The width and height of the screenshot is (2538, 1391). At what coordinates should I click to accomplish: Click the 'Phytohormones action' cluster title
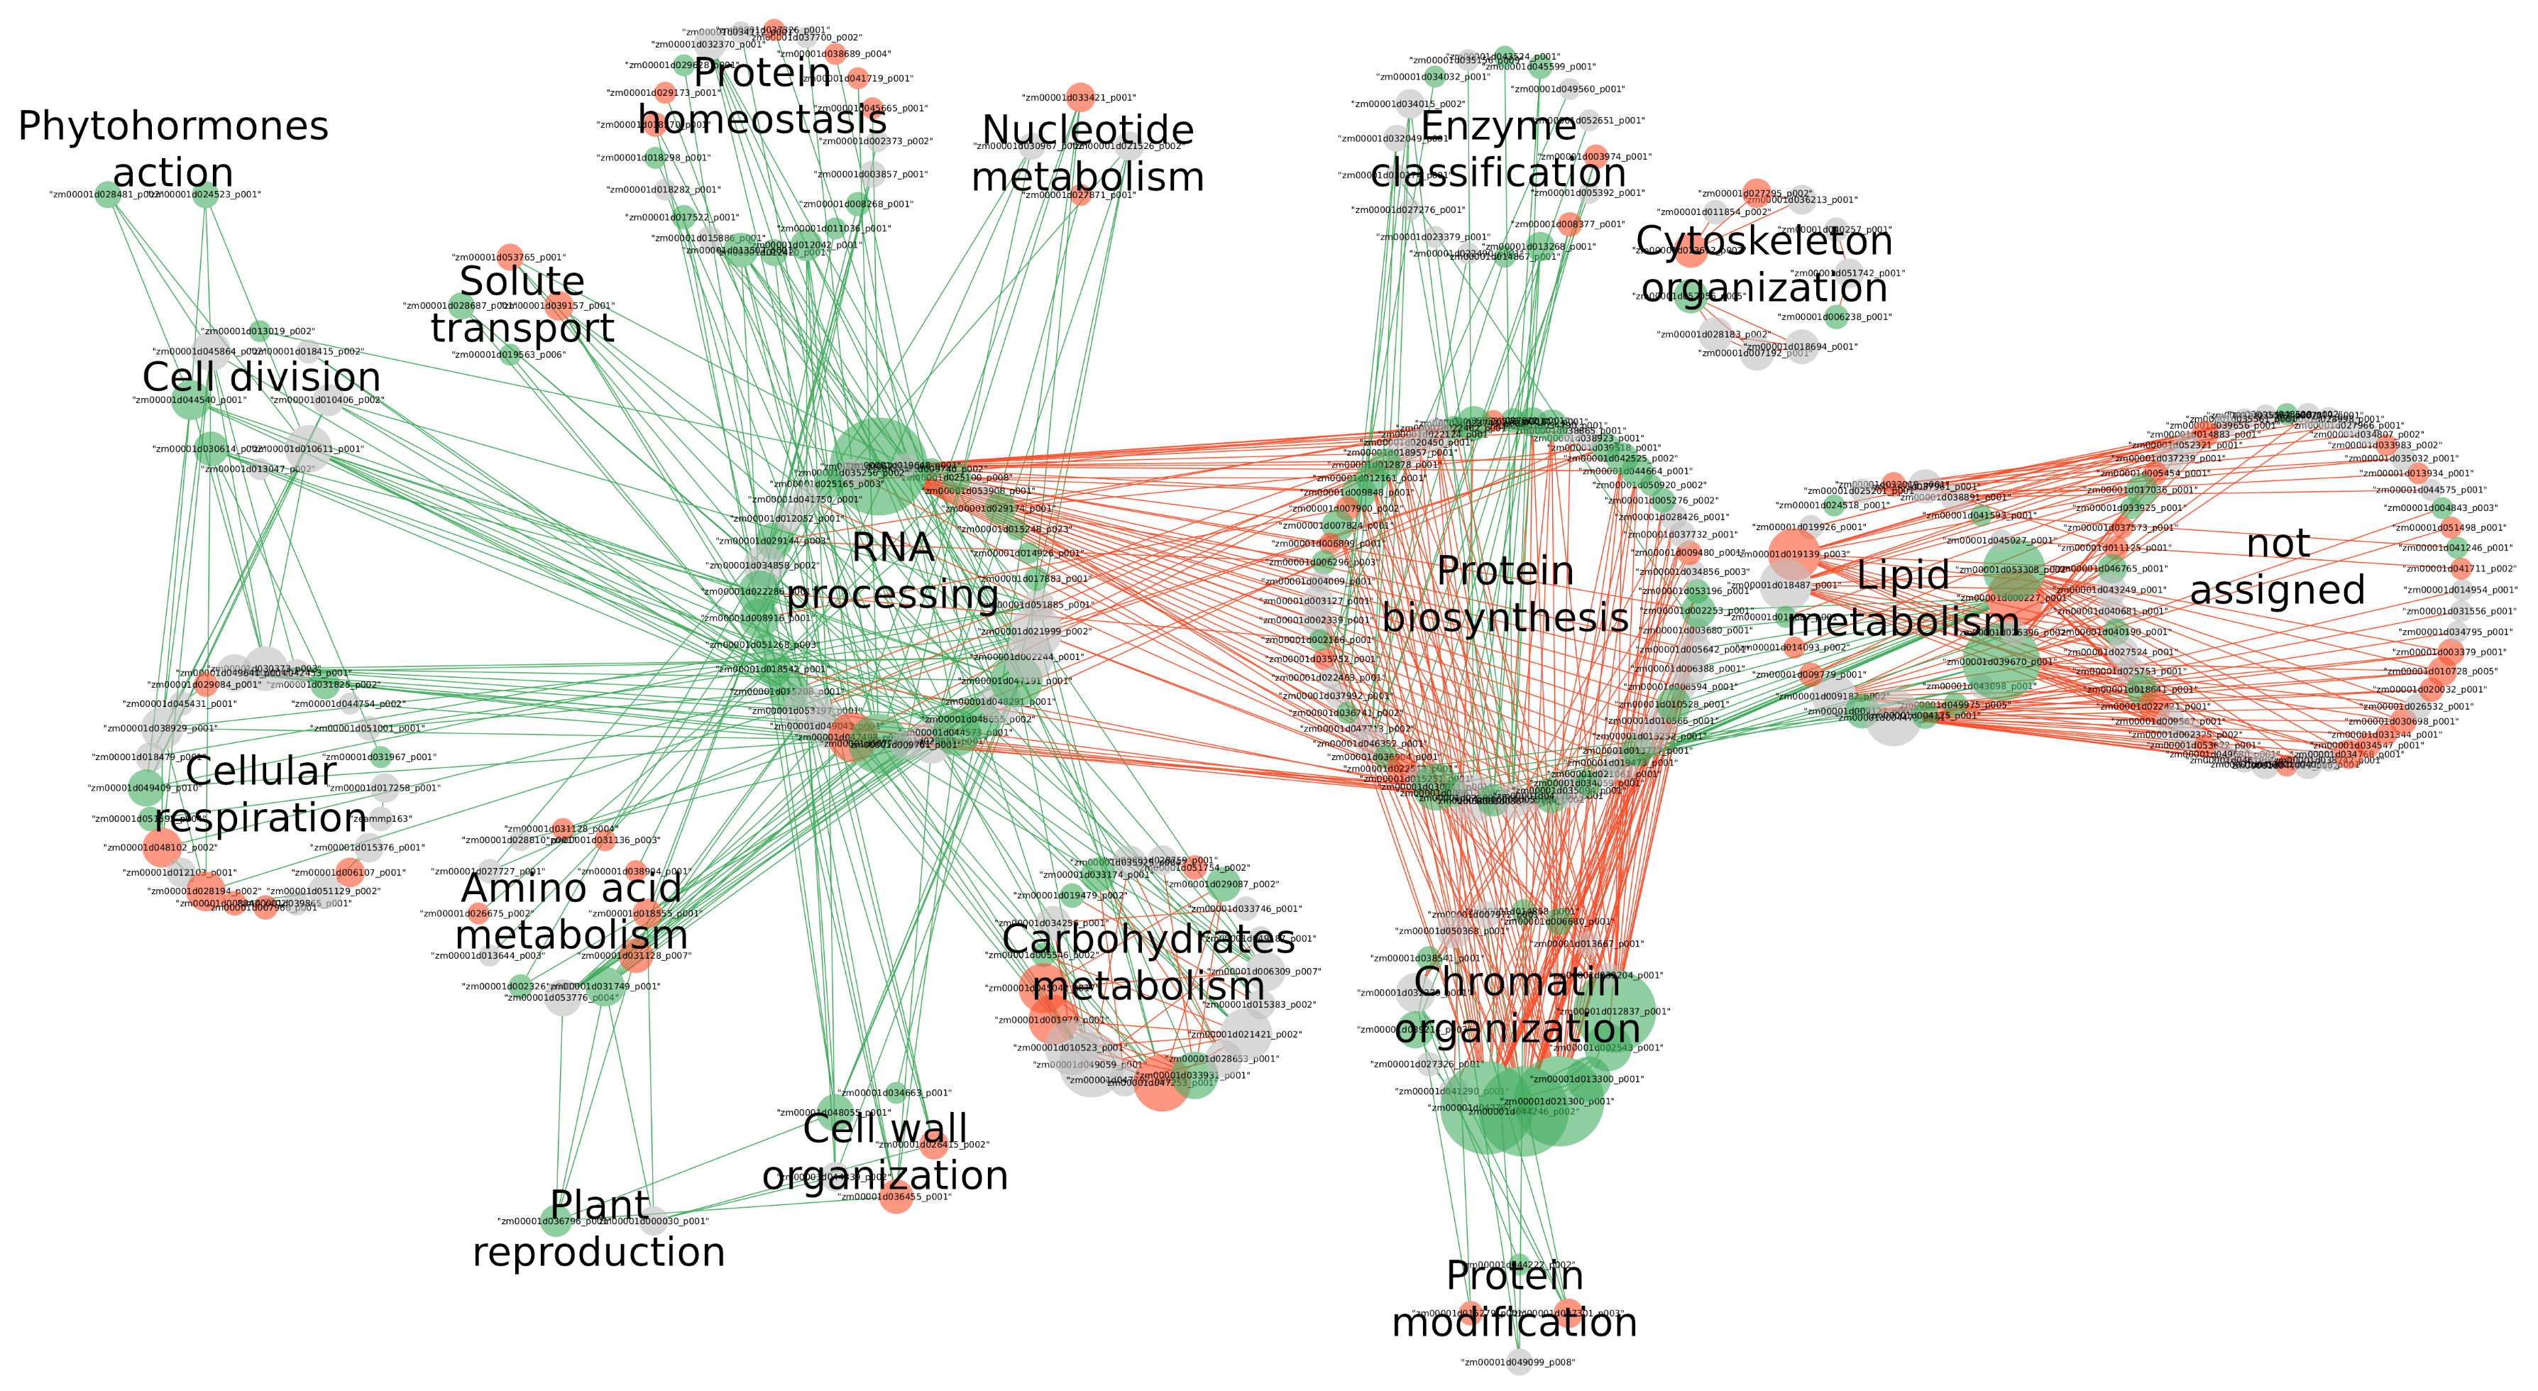coord(172,149)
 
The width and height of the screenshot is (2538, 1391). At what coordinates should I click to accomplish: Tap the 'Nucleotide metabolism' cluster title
coord(1088,154)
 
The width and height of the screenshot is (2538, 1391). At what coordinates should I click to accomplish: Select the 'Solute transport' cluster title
coord(522,304)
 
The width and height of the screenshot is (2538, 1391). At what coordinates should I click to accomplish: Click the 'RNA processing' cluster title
coord(893,571)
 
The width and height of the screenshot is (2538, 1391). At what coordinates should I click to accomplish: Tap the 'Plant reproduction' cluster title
coord(599,1228)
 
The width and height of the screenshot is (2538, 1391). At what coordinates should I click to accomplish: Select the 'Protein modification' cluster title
coord(1515,1299)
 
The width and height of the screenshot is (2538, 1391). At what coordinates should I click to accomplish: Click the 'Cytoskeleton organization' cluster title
coord(1764,264)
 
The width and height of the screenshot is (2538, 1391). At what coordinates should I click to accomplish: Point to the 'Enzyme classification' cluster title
coord(1498,149)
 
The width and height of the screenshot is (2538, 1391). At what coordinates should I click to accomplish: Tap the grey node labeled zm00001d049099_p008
coord(1518,1363)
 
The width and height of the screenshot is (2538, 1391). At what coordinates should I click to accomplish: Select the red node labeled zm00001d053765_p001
coord(510,257)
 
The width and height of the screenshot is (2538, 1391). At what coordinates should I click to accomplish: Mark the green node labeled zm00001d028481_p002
coord(106,195)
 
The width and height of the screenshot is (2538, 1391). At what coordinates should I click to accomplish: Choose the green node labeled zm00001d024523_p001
coord(205,195)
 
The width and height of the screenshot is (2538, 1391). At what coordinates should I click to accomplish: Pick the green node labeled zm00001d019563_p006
coord(510,355)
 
